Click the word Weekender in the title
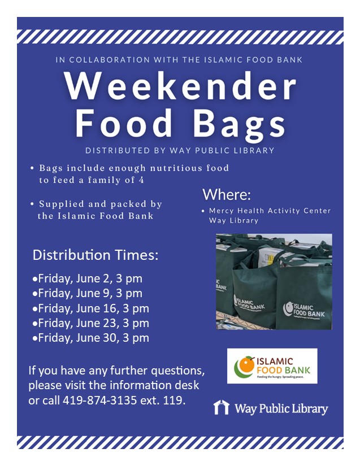pos(180,86)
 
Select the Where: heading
pos(227,195)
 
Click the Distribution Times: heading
pos(96,255)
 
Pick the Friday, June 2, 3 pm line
pos(88,278)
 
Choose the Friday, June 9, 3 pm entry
pos(88,293)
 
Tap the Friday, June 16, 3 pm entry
pos(90,308)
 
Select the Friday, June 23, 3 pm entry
pos(90,323)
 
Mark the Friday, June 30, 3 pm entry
pos(90,338)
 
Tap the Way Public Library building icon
pos(221,407)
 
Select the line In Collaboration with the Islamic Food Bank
pos(180,59)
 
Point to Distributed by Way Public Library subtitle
pos(180,151)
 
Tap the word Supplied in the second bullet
pos(62,204)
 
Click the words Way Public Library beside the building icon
pos(281,408)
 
